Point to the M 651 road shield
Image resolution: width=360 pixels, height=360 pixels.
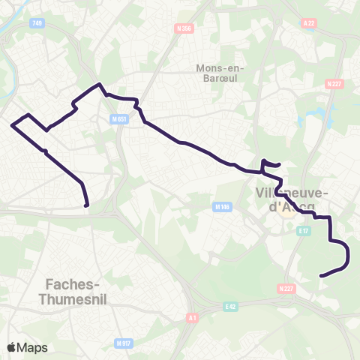click(x=118, y=119)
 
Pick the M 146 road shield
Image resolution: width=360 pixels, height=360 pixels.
click(x=221, y=207)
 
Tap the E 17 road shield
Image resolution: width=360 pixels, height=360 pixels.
click(x=303, y=232)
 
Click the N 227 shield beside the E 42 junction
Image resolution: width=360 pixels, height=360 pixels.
click(x=286, y=288)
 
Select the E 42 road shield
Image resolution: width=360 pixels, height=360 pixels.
click(x=230, y=306)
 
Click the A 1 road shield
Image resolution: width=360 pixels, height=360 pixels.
click(x=193, y=318)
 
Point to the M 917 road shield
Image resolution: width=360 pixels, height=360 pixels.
click(x=124, y=343)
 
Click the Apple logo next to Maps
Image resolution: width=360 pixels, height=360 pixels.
click(x=12, y=347)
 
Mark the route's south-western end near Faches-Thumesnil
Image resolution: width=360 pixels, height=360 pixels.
click(x=87, y=205)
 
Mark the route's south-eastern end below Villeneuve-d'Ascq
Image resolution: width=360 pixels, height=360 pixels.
click(x=321, y=276)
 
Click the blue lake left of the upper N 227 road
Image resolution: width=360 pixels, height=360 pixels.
click(x=328, y=115)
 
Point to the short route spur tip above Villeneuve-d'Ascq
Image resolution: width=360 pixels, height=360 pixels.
click(x=279, y=164)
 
